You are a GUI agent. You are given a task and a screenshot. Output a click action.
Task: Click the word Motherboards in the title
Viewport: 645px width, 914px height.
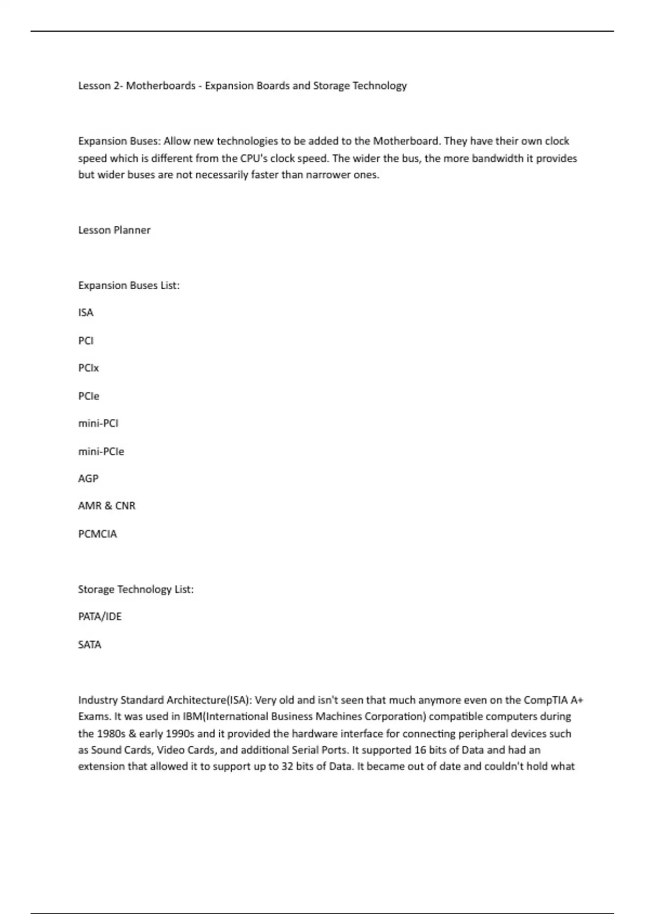(x=161, y=85)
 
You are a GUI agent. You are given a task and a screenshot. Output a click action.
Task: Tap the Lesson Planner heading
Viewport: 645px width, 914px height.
(x=114, y=230)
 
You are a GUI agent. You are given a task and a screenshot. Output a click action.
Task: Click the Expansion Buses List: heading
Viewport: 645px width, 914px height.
(x=128, y=285)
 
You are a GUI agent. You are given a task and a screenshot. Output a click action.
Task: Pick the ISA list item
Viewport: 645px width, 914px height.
(x=85, y=313)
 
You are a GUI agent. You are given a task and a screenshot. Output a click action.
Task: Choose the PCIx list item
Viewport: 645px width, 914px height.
(x=88, y=368)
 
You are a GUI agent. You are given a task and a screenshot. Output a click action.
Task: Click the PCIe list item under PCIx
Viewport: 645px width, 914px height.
(x=89, y=396)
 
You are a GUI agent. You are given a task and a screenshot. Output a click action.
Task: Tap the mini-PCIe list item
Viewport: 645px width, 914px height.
(x=101, y=452)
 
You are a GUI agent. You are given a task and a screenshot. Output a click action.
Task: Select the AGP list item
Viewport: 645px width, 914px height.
(x=88, y=479)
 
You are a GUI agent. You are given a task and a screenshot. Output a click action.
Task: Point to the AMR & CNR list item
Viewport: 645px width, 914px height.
(x=106, y=506)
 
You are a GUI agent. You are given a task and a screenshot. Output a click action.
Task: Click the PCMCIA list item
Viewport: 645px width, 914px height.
(x=97, y=534)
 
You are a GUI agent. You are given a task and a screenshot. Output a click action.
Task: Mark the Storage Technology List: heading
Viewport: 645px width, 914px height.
(x=135, y=589)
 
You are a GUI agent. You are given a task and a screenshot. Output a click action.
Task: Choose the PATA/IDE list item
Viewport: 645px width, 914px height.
(x=100, y=617)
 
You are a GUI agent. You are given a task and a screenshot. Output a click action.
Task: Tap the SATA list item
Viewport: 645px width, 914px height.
(x=89, y=645)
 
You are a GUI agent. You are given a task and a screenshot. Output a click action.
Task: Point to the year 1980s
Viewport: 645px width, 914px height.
(x=111, y=734)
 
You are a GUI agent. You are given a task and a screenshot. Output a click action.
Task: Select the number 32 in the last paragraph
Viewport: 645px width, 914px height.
(x=287, y=766)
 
